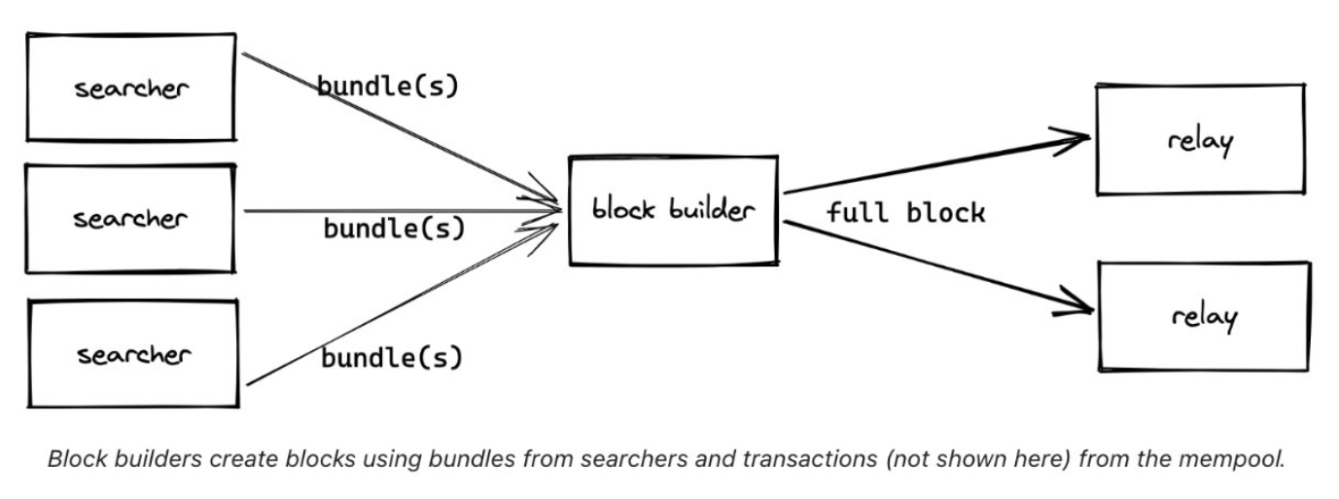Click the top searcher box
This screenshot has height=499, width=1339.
[130, 89]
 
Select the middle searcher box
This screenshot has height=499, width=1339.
[130, 218]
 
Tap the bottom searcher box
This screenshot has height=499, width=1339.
[133, 353]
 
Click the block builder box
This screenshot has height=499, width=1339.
[673, 210]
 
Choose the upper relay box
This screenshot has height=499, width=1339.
[1200, 140]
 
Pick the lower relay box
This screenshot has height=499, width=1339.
[1204, 316]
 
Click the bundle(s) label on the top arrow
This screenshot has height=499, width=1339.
[387, 86]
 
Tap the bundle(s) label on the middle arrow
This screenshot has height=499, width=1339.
[394, 230]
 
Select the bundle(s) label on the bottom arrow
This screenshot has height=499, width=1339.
[392, 358]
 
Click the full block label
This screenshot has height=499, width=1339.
[905, 213]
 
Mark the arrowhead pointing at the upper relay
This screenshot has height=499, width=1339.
[1075, 139]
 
